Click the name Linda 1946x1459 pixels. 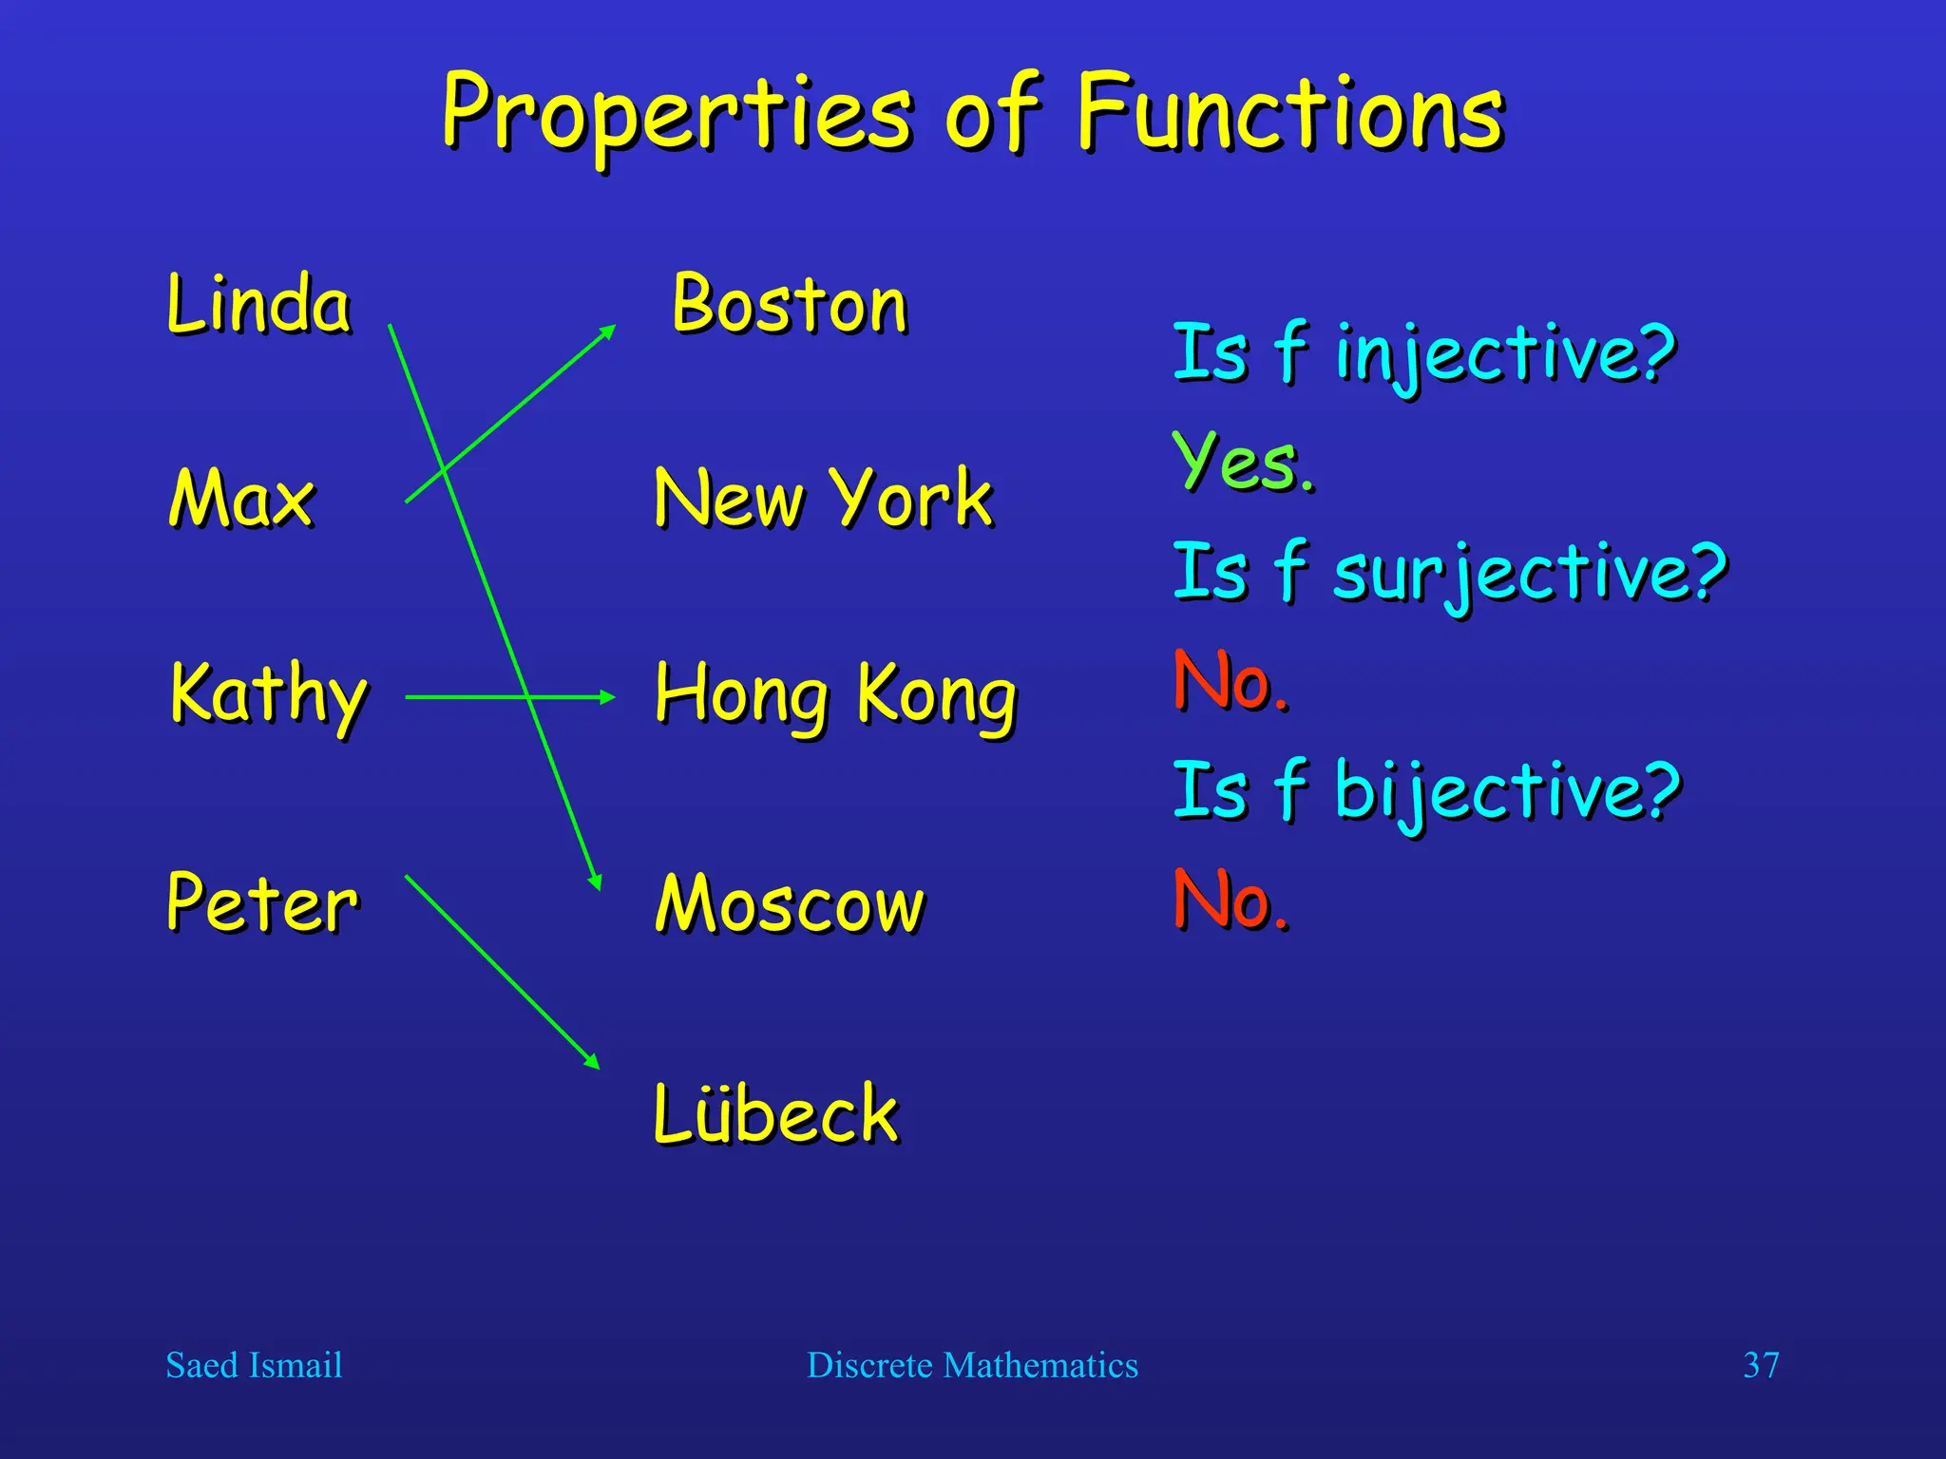(258, 304)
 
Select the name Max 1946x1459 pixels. (241, 498)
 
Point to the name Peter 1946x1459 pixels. (262, 902)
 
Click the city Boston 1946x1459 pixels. (790, 304)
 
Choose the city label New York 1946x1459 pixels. (823, 498)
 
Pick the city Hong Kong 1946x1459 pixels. (835, 695)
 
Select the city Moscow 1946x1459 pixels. (790, 904)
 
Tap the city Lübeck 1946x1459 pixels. (775, 1113)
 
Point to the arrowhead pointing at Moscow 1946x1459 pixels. (596, 881)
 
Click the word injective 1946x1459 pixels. (1504, 353)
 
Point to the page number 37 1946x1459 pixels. (1761, 1365)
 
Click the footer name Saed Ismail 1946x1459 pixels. (254, 1365)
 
